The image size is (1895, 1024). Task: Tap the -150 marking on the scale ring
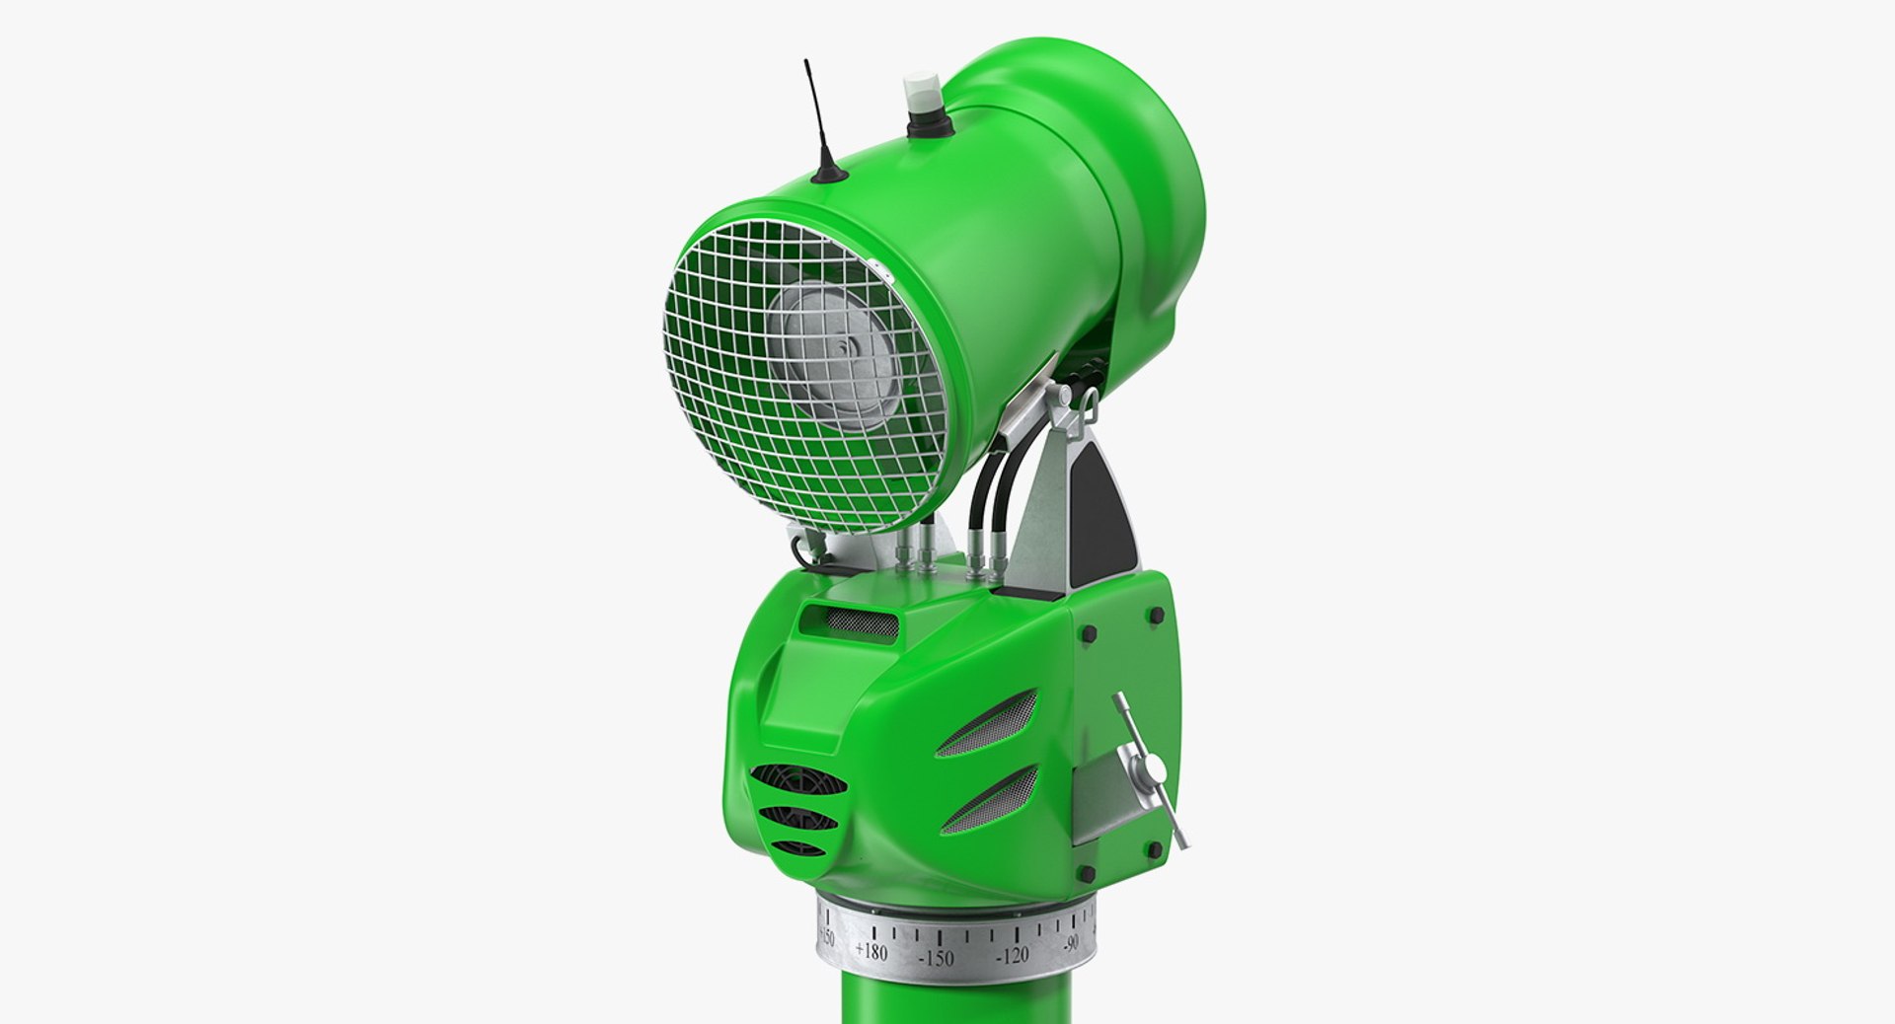[x=936, y=958]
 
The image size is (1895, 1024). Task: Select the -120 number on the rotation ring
[x=1013, y=955]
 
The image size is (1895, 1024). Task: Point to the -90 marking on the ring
[x=1071, y=943]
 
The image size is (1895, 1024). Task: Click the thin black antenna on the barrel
[x=818, y=118]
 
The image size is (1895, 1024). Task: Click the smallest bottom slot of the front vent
[x=797, y=847]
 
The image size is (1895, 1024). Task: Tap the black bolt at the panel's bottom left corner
[x=1086, y=873]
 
